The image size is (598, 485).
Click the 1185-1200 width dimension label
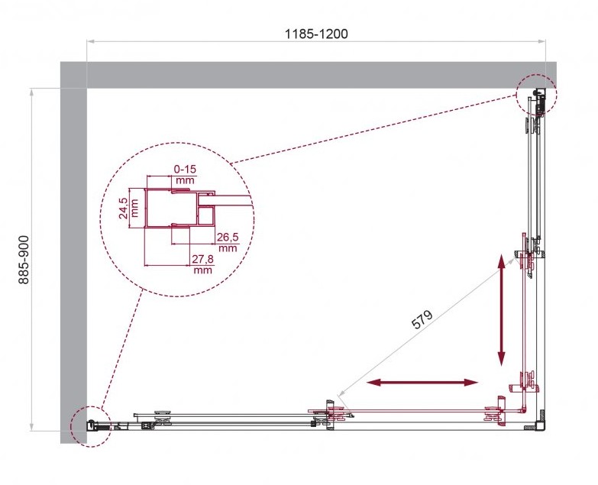coord(316,34)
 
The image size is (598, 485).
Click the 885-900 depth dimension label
coord(24,260)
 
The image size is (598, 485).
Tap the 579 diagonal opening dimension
coord(422,319)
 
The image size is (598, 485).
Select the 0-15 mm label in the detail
coord(185,174)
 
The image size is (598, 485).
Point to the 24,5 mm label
coord(129,209)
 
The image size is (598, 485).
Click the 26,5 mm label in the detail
coord(228,243)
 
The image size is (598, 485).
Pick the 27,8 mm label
coord(202,264)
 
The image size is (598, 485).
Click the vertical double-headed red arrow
coord(502,311)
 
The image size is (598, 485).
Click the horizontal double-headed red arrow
coord(422,383)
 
